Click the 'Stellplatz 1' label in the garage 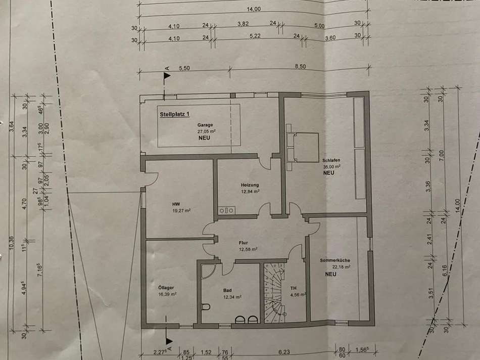pyautogui.click(x=175, y=114)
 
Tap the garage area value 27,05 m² pyautogui.click(x=205, y=131)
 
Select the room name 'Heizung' pyautogui.click(x=250, y=185)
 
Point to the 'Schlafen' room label pyautogui.click(x=331, y=160)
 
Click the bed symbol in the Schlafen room pyautogui.click(x=302, y=147)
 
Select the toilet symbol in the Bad pyautogui.click(x=206, y=307)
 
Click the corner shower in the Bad pyautogui.click(x=208, y=272)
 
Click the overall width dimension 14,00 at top pyautogui.click(x=254, y=9)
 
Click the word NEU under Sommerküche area pyautogui.click(x=330, y=274)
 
